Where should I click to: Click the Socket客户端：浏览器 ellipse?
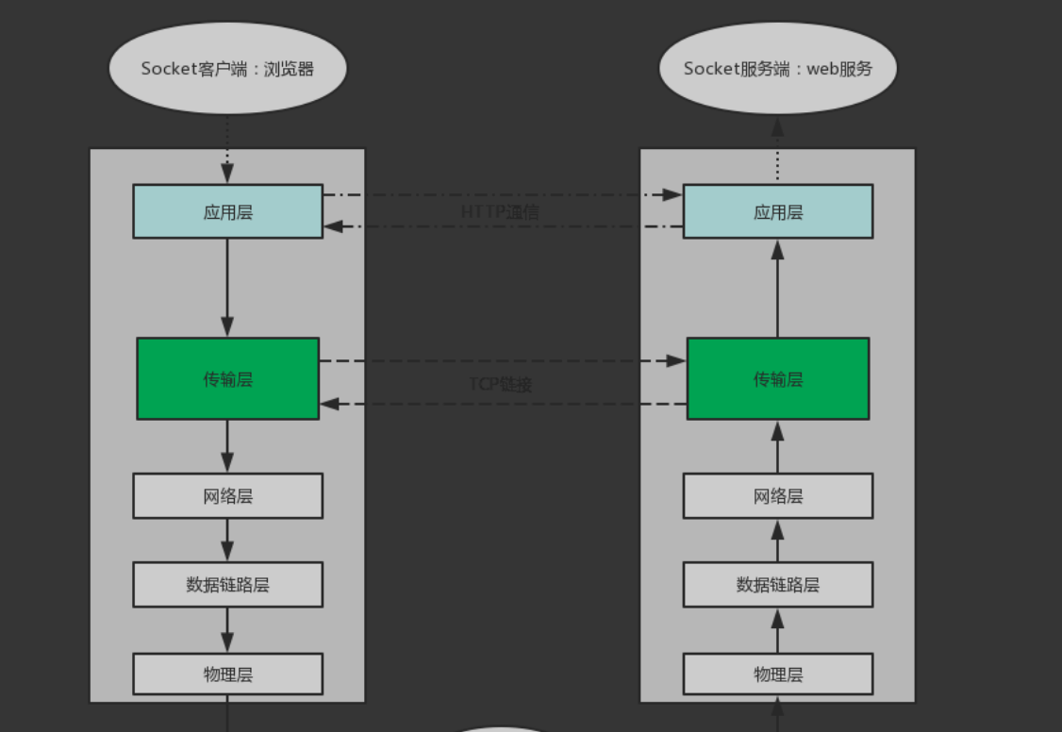[x=227, y=69]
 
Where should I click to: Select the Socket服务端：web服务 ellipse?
[x=777, y=69]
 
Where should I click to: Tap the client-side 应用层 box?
[x=227, y=211]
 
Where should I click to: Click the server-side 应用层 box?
[x=777, y=211]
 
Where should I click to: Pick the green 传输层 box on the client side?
[x=227, y=378]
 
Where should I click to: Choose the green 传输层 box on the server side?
[x=777, y=378]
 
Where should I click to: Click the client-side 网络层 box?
[x=227, y=495]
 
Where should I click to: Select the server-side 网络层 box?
[x=777, y=495]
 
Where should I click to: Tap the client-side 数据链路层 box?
[x=227, y=584]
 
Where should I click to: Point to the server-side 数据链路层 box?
[x=777, y=584]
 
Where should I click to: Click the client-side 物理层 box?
[x=227, y=674]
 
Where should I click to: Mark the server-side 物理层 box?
[x=777, y=674]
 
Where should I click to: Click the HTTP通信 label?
[x=500, y=211]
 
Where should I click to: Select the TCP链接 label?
[x=501, y=384]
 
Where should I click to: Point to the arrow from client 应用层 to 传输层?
[x=227, y=288]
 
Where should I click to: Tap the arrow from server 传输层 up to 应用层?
[x=777, y=288]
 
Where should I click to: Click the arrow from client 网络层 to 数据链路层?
[x=227, y=541]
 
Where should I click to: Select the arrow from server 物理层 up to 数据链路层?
[x=777, y=630]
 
